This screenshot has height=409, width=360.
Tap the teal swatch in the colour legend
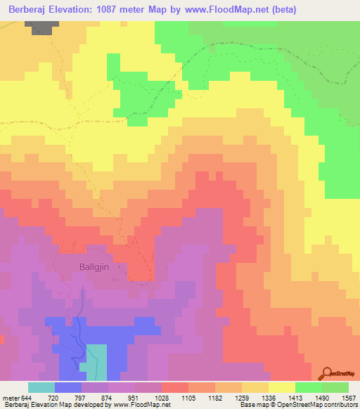pos(41,388)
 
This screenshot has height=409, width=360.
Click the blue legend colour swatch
pos(68,388)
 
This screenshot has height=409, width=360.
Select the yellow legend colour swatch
pos(282,388)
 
